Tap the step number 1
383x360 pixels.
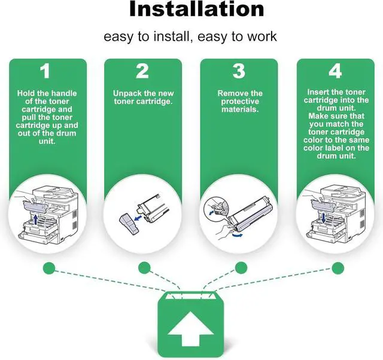coord(45,72)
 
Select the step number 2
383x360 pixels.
coord(142,72)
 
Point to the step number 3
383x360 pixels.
coord(239,72)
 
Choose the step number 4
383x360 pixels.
coord(335,72)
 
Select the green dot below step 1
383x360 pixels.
coord(48,267)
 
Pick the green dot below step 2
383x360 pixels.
coord(144,267)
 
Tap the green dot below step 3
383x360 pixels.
coord(241,267)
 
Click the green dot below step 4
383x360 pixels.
coord(335,267)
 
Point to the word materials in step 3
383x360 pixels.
coord(239,109)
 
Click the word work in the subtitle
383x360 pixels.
coord(263,36)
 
